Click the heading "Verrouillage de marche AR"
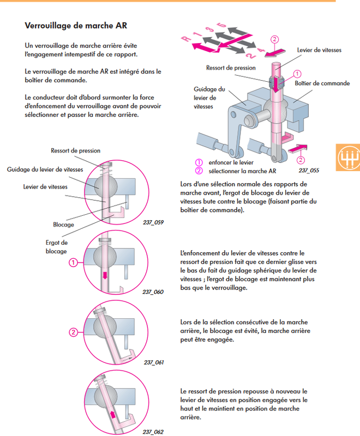[77, 25]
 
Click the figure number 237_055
[309, 170]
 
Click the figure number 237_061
[154, 362]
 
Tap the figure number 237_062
[153, 432]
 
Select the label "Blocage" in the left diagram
[63, 224]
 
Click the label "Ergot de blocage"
[56, 247]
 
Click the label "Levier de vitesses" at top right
[319, 50]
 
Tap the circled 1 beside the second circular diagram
[72, 263]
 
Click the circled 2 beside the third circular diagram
[72, 332]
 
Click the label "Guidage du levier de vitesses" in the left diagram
[45, 169]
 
